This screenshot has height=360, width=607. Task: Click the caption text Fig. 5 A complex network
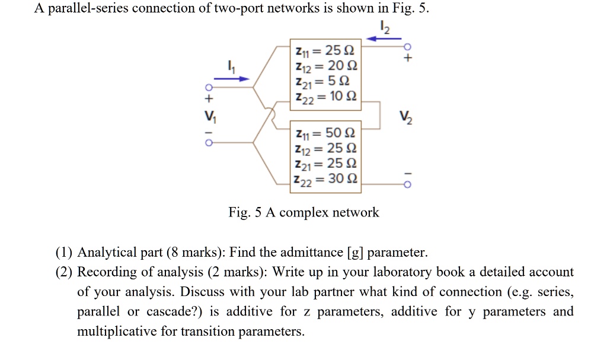303,212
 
